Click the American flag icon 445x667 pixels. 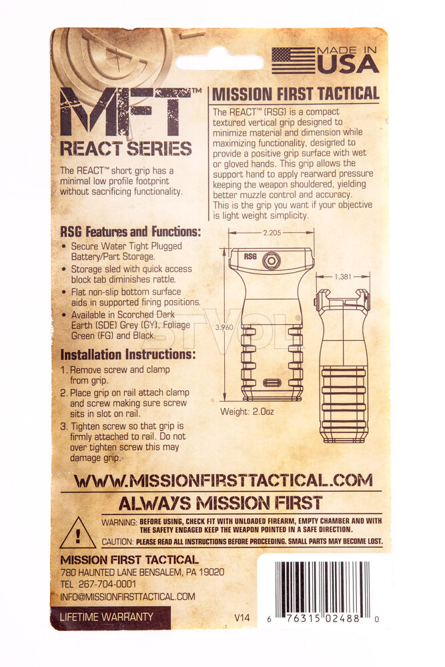[293, 61]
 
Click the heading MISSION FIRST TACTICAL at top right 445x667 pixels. [296, 94]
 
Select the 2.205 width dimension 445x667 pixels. [272, 233]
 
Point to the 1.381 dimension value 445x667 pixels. [342, 277]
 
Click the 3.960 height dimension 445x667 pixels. [224, 327]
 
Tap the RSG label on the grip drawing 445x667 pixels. [250, 257]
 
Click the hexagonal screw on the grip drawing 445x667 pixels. [271, 260]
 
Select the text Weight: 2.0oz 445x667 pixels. [247, 412]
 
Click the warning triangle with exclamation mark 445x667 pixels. [77, 533]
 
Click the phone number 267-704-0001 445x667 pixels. [107, 584]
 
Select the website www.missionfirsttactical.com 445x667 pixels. [224, 481]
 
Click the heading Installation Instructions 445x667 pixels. [127, 354]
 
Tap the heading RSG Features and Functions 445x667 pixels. [131, 232]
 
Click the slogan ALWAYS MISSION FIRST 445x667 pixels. [220, 503]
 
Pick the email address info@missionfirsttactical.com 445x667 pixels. [127, 597]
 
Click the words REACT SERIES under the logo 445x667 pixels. [126, 149]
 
